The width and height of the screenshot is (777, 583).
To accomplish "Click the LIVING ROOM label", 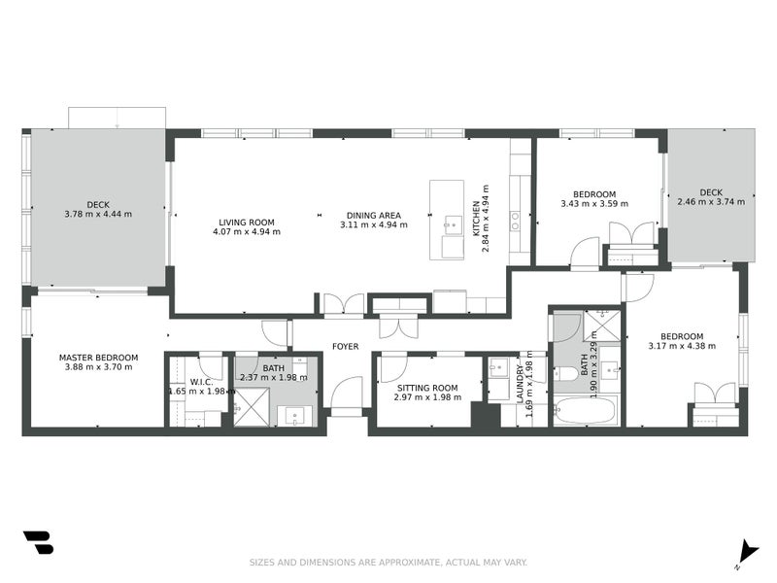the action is point(247,223).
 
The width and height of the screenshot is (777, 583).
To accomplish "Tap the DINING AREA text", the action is point(374,216).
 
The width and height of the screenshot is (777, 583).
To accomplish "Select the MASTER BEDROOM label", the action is point(99,358).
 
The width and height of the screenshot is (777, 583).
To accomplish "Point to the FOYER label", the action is point(346,347).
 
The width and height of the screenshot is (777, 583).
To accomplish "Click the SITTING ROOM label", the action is point(427,388).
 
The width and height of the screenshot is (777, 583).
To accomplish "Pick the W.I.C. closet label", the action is point(202,382).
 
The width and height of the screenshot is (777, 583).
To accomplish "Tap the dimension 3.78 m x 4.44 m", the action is point(98,214).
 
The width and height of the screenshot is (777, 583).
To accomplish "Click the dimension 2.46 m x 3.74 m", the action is point(711,202).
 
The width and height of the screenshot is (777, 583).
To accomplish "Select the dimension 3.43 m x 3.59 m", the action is point(594,204).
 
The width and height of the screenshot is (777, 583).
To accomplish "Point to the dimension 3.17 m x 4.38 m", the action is point(682,346).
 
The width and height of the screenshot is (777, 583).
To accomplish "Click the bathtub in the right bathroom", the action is point(586,410).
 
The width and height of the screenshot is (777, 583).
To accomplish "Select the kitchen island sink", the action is point(453,224).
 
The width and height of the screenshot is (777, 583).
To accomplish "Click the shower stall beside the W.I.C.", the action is point(252,407).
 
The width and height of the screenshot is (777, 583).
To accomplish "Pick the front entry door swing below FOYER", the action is point(347,393).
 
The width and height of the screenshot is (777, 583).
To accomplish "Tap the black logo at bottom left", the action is point(38,543).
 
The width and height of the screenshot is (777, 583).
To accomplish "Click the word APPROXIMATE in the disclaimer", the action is point(409,563).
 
